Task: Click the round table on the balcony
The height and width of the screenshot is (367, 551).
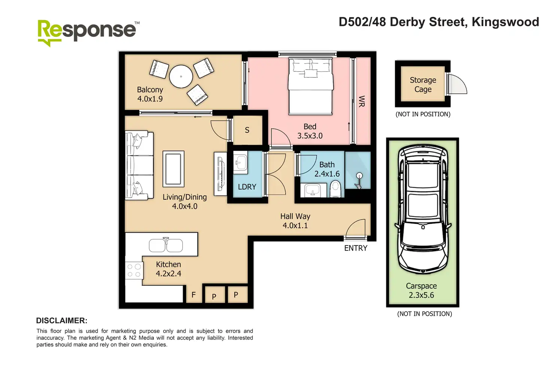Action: pos(181,76)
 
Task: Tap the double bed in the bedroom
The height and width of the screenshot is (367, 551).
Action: pos(310,86)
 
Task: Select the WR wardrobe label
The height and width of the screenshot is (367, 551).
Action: pos(361,101)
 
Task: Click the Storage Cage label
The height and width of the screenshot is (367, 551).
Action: pos(423,85)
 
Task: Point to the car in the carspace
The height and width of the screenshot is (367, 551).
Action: pos(423,209)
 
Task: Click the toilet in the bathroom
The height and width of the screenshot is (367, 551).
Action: pos(335,189)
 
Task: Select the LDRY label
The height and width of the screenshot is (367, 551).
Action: pos(247,187)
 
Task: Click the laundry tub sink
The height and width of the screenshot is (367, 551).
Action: pos(240,162)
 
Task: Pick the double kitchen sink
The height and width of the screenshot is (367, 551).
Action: pos(166,245)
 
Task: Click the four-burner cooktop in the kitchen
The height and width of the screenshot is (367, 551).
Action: pos(134,270)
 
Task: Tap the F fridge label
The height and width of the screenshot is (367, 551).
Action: pos(194,294)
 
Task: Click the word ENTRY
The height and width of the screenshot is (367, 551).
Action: pos(356,248)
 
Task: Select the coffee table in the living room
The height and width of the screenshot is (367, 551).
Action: pos(173,169)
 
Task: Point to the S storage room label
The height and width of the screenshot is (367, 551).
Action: pos(247,130)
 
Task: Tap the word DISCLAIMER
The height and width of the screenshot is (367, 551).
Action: pos(62,321)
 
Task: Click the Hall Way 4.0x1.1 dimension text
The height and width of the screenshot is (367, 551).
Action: pos(295,226)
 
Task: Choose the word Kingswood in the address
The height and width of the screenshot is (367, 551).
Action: pos(505,22)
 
